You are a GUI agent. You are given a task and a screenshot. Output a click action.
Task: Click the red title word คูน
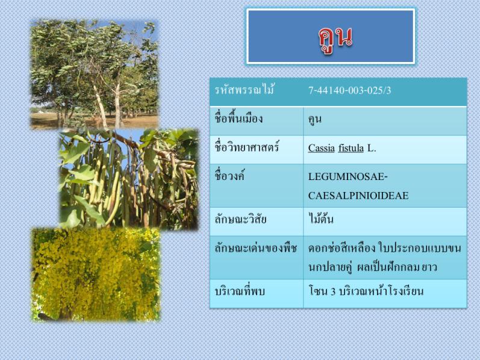[x=335, y=39]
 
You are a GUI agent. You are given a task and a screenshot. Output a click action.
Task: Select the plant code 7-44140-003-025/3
[x=349, y=90]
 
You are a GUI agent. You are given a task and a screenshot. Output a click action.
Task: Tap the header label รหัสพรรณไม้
[x=244, y=90]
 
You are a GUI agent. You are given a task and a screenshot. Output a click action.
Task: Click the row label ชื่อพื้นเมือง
[x=238, y=118]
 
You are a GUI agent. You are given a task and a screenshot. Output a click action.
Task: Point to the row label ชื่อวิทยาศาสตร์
[x=246, y=147]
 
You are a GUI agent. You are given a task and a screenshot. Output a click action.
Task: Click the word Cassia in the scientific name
[x=322, y=148]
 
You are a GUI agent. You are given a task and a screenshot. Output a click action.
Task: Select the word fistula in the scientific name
[x=351, y=148]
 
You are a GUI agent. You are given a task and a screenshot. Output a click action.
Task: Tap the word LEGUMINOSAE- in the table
[x=348, y=176]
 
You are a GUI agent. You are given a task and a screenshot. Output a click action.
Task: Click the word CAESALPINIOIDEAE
[x=358, y=196]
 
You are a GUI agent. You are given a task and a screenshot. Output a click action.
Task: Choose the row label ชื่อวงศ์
[x=229, y=176]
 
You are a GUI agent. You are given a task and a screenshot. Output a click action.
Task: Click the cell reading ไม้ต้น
[x=321, y=219]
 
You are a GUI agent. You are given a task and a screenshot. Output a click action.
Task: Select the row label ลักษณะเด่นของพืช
[x=255, y=247]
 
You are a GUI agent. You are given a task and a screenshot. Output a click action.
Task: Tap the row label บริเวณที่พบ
[x=239, y=291]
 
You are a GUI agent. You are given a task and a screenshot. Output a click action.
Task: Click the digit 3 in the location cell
[x=333, y=291]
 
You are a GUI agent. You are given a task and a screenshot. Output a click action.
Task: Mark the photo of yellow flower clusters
[x=96, y=275]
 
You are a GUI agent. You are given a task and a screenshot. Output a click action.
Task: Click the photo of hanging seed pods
[x=129, y=179]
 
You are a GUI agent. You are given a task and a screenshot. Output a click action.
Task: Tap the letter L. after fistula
[x=372, y=148]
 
